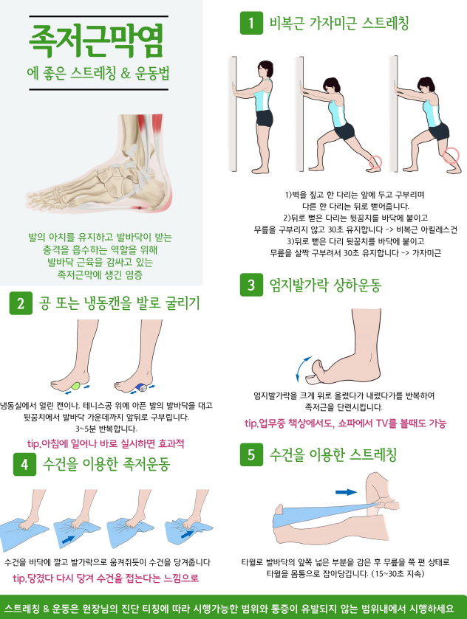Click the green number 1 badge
251,24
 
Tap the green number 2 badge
21,303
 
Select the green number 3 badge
251,285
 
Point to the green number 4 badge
24,464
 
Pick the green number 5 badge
251,454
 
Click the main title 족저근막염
96,41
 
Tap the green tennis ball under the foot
77,386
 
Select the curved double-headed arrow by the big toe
301,369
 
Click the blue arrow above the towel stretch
346,492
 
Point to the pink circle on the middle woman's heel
375,162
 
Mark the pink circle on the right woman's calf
451,156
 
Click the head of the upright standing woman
265,70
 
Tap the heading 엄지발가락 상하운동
325,285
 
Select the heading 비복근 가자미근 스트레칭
339,23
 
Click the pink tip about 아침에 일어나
106,443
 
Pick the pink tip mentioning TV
345,423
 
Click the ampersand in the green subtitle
126,73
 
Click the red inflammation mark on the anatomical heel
140,207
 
